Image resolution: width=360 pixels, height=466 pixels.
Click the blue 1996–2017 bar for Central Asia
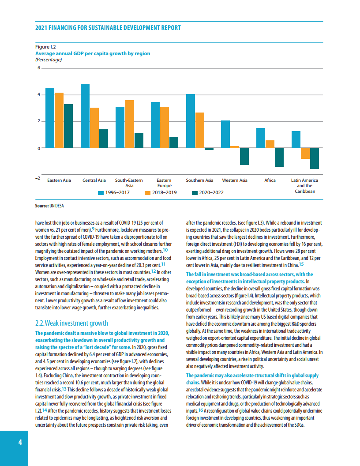[85, 116]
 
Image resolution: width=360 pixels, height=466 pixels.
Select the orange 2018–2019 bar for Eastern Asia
[59, 120]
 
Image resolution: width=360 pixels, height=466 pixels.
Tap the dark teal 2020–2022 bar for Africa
[279, 157]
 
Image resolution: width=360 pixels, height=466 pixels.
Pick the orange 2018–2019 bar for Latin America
[305, 153]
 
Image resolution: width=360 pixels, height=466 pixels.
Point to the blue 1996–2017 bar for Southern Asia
[191, 121]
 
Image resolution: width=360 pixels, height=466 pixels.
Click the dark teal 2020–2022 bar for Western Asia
[244, 156]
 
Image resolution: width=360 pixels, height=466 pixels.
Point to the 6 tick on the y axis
[38, 68]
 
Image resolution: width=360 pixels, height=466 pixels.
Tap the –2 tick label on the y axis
[38, 178]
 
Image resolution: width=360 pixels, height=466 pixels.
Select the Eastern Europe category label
[164, 183]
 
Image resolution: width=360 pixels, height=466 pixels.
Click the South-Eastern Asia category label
[129, 183]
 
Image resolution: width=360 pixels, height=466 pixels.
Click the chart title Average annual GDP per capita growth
[93, 53]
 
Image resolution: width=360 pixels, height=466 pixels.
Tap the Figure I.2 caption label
[45, 46]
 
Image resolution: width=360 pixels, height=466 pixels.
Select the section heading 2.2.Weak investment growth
[71, 323]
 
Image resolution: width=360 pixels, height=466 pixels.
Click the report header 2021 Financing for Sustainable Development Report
[108, 28]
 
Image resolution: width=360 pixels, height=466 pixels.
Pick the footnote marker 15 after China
[301, 265]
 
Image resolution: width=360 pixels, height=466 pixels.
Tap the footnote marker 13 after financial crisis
[64, 389]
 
